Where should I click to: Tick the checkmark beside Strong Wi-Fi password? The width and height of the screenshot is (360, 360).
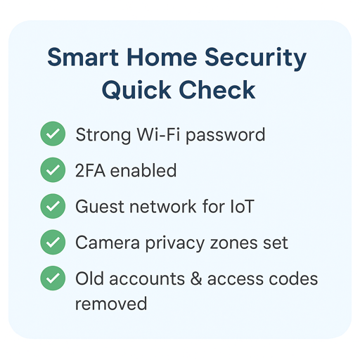coord(52,134)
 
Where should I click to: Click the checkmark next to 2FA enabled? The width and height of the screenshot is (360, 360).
coord(52,170)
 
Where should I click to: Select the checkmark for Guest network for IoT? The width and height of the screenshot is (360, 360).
coord(52,207)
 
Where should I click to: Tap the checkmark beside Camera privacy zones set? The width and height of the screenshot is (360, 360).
coord(52,243)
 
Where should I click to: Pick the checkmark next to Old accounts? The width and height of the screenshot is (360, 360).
coord(52,278)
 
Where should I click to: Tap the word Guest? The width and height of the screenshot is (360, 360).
coord(97,207)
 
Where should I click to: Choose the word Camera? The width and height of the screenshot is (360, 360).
coord(103,243)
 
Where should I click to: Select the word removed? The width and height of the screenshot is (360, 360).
coord(111,303)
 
